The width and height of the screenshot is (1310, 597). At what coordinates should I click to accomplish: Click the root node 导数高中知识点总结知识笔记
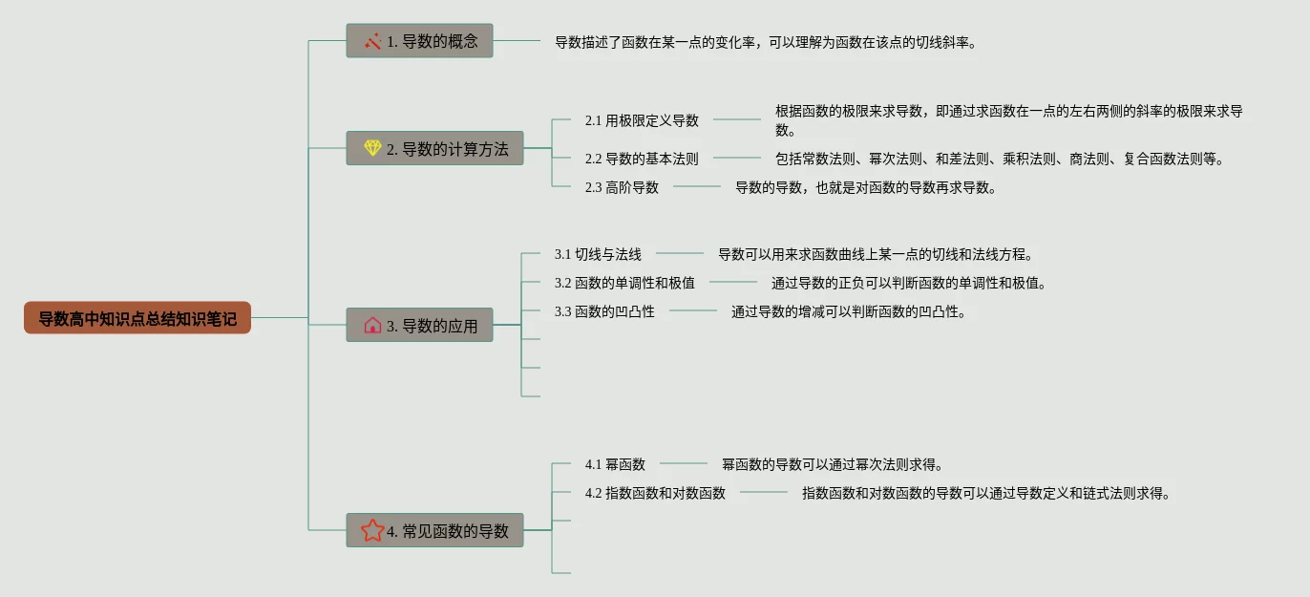point(137,318)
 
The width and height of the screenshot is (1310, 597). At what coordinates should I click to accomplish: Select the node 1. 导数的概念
point(419,41)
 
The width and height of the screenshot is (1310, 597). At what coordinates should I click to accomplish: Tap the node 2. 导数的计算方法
point(434,148)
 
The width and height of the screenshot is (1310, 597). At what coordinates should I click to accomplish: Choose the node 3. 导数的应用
point(419,325)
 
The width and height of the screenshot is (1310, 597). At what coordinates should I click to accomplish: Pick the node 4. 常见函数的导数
point(434,530)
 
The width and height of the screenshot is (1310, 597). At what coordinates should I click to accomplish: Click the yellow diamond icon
point(372,148)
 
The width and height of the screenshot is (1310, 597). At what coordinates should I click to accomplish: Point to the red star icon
point(372,530)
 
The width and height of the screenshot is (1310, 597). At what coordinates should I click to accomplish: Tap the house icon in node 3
point(372,325)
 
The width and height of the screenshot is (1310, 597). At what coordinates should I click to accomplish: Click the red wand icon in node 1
point(372,41)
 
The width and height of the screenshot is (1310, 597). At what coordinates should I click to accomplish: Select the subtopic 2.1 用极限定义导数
point(642,120)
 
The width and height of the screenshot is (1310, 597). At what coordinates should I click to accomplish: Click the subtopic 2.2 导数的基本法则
point(642,159)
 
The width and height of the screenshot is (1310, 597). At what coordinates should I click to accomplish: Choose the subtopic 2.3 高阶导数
point(622,187)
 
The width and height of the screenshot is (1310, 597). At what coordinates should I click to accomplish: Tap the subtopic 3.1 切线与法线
point(598,254)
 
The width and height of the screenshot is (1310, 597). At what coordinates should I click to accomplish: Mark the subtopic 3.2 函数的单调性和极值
point(624,283)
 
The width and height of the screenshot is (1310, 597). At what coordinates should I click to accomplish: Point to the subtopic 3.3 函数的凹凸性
point(604,311)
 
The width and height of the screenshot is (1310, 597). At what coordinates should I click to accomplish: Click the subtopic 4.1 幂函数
point(615,464)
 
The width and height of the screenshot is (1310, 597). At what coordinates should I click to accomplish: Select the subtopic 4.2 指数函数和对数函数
point(655,493)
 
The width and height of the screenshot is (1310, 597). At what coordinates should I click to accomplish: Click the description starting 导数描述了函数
point(766,42)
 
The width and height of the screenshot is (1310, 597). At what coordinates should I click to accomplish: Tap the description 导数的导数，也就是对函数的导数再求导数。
point(866,187)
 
